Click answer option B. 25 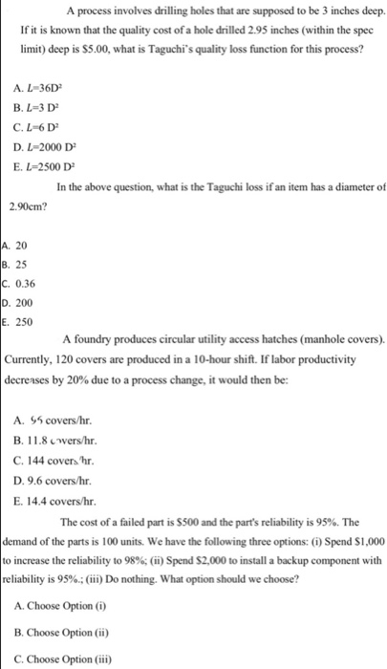click(x=18, y=262)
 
